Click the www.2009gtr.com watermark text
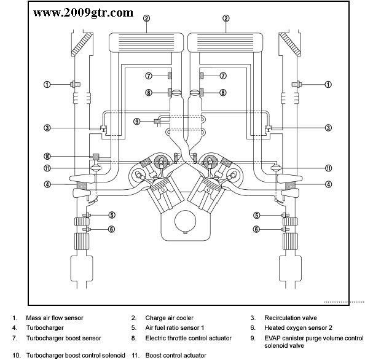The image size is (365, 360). point(83,12)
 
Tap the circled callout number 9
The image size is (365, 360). point(137,121)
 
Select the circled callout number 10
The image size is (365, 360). point(47,156)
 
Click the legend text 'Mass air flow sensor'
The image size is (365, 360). point(54,318)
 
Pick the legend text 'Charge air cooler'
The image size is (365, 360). point(169,318)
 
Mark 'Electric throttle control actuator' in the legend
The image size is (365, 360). point(188,338)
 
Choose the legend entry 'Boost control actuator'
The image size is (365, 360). point(176,355)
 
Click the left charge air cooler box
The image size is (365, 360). point(146,43)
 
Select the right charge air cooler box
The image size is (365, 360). point(226,43)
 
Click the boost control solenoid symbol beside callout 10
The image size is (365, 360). point(95,157)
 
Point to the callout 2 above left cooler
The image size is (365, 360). point(146,18)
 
